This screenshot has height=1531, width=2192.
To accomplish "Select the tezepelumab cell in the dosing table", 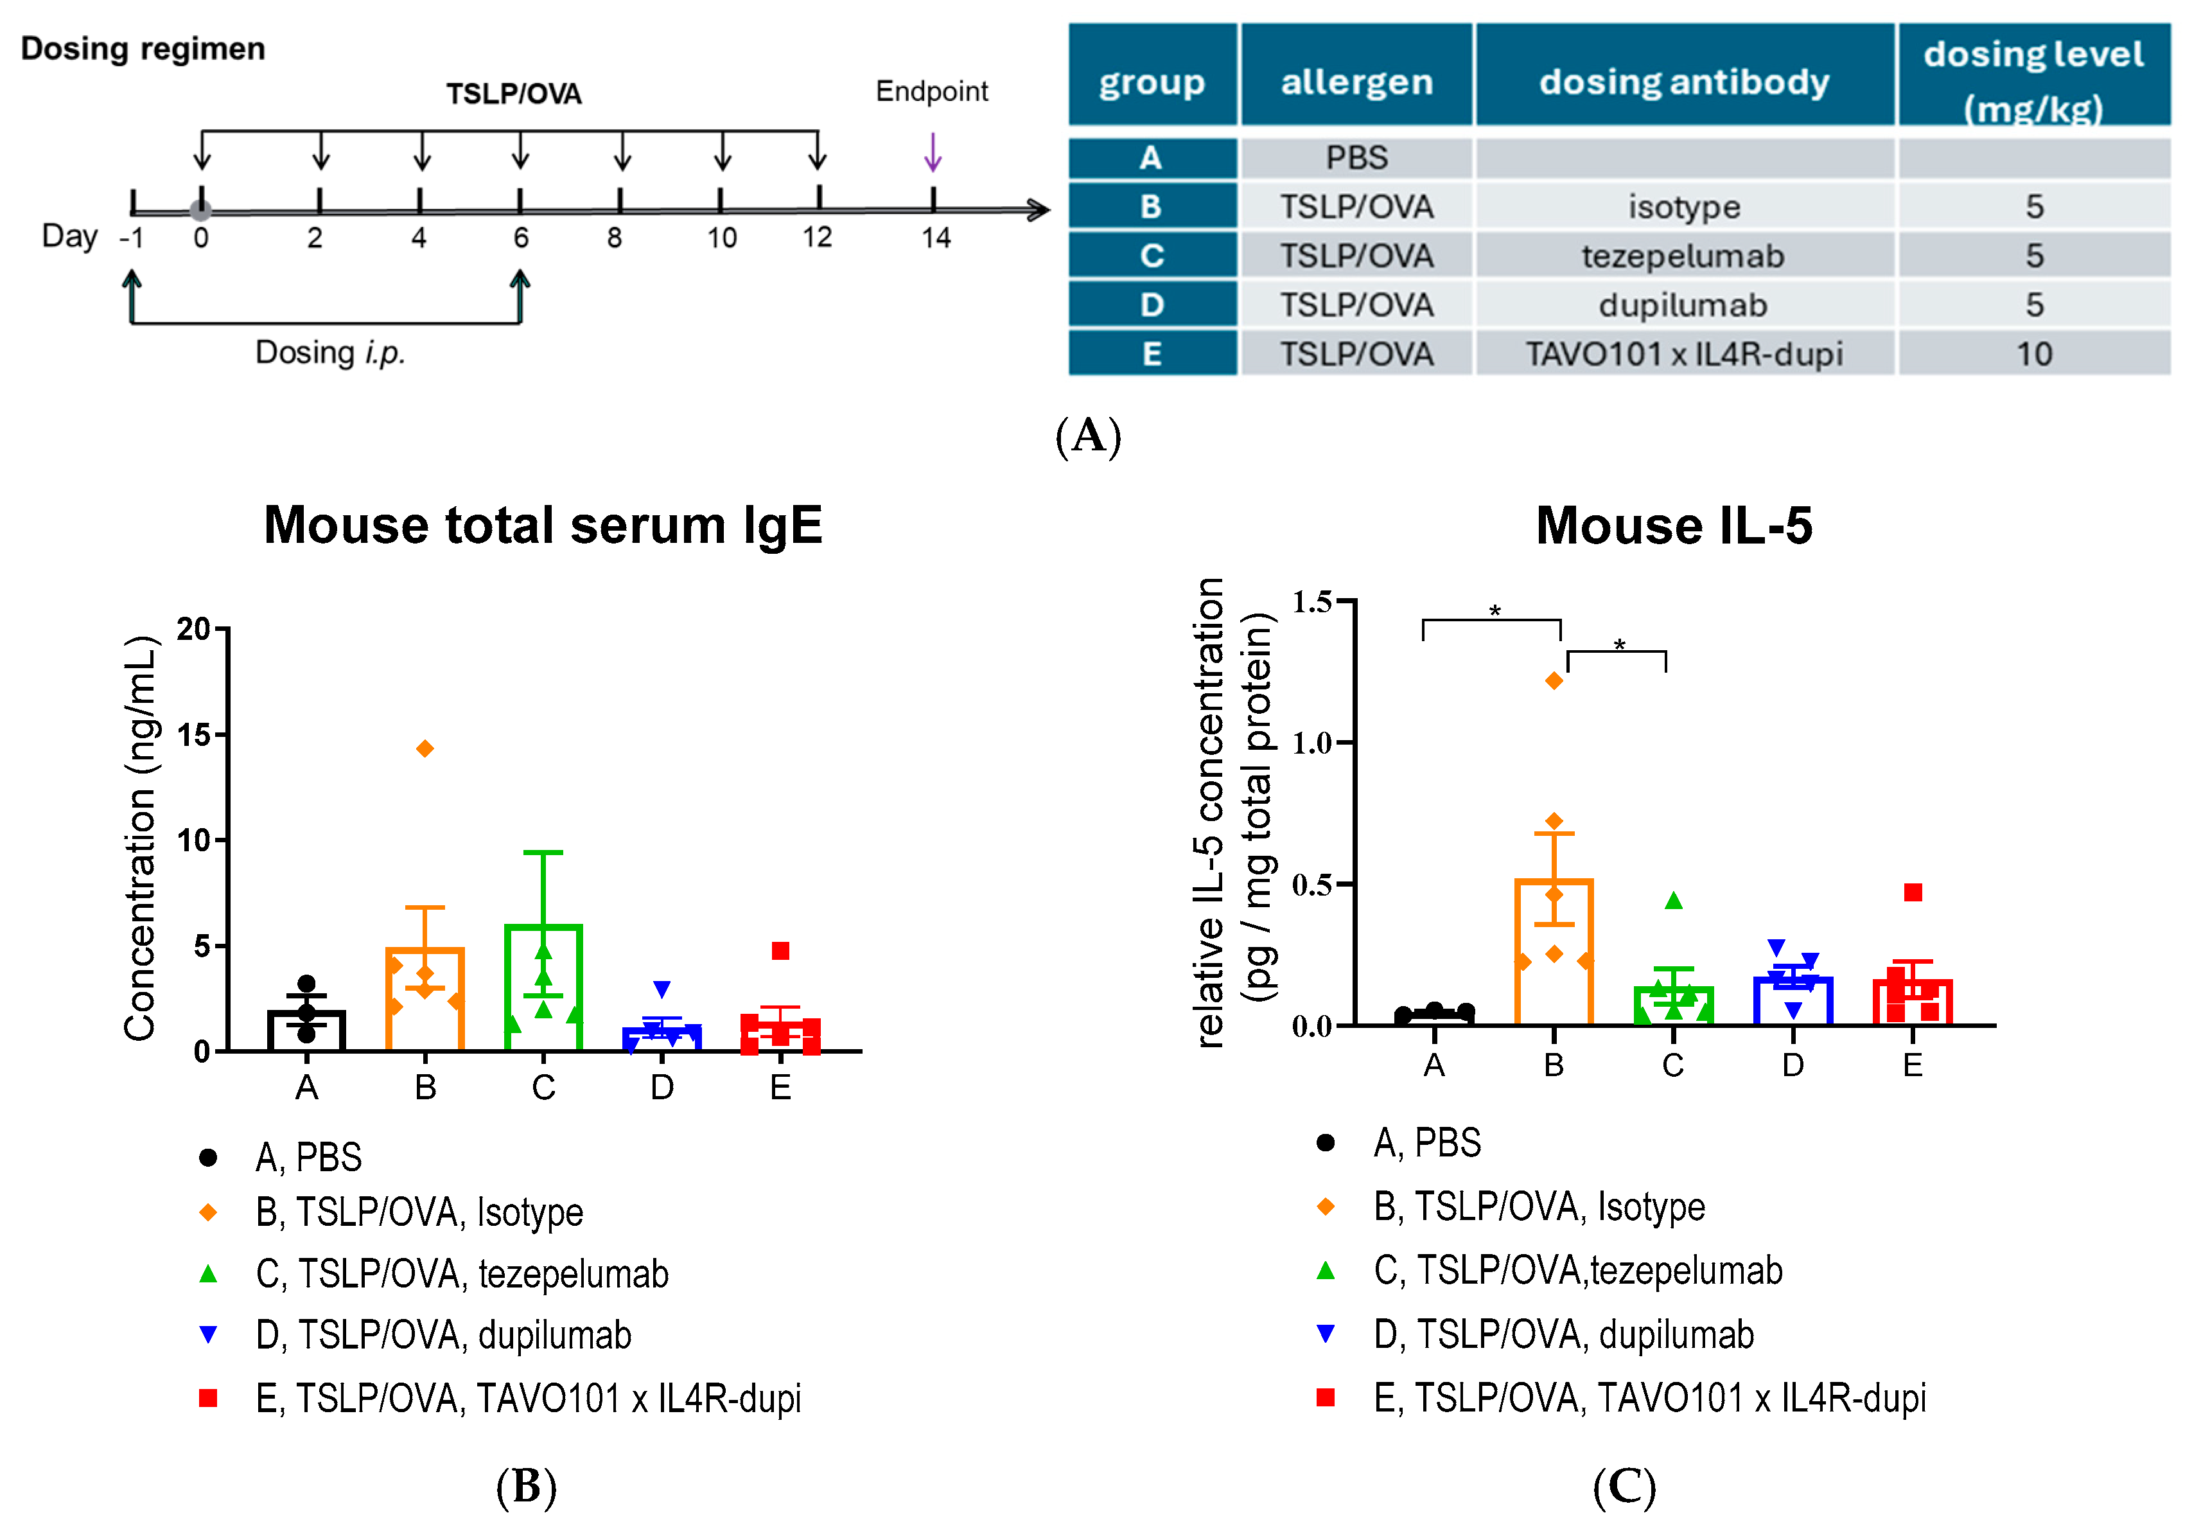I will pyautogui.click(x=1683, y=256).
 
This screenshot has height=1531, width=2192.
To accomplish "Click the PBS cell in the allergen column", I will pyautogui.click(x=1356, y=157).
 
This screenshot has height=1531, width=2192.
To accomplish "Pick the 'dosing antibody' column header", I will pyautogui.click(x=1683, y=82).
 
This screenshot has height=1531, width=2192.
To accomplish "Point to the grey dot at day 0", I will pyautogui.click(x=200, y=210).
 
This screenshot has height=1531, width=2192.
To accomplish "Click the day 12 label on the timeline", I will pyautogui.click(x=817, y=238).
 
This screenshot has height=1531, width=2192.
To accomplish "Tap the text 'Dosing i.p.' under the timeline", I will pyautogui.click(x=330, y=353).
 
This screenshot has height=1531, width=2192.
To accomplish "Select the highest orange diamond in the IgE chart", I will pyautogui.click(x=425, y=748).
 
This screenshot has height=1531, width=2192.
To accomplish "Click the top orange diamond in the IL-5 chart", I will pyautogui.click(x=1554, y=680).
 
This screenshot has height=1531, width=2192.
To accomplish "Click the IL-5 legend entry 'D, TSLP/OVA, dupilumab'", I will pyautogui.click(x=1563, y=1334).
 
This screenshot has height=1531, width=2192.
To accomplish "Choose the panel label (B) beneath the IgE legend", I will pyautogui.click(x=526, y=1486).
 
